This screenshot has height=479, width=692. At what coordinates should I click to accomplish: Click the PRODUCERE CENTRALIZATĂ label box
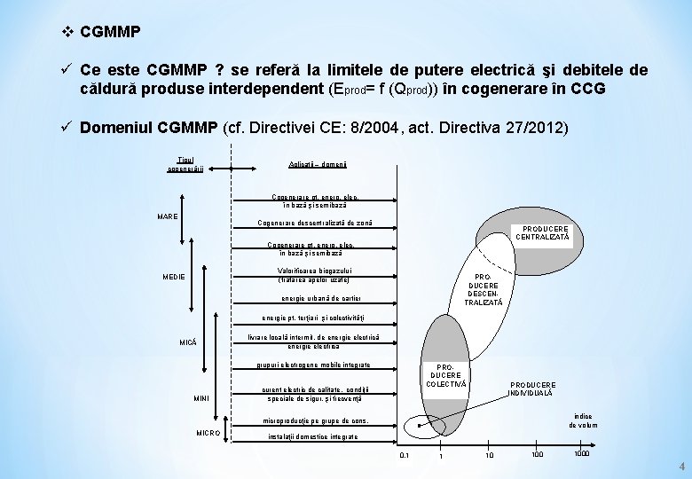[542, 233]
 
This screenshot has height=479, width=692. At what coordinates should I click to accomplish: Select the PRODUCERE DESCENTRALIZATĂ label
[483, 290]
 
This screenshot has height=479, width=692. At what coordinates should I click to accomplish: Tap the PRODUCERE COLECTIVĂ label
[445, 374]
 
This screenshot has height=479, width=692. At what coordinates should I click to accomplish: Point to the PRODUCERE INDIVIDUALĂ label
[531, 389]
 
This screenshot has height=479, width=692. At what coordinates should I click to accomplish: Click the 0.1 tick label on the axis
[405, 455]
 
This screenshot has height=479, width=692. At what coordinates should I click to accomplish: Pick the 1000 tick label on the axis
[582, 454]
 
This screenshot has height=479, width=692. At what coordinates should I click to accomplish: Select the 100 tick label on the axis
[538, 455]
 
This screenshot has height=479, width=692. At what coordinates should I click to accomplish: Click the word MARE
[168, 216]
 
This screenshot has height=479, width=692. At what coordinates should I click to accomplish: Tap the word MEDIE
[174, 277]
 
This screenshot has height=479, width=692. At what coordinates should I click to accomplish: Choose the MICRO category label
[208, 432]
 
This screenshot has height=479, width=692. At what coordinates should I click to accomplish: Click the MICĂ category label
[188, 342]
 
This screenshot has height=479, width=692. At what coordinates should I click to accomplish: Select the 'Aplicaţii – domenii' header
[318, 166]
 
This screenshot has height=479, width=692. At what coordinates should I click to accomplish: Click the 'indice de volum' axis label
[583, 420]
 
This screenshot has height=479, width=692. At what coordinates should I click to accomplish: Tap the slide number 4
[681, 467]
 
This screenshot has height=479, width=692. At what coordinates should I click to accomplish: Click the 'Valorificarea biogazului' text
[315, 271]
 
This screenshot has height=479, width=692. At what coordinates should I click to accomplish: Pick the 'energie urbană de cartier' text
[321, 298]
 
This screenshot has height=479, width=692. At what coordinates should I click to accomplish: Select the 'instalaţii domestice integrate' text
[313, 436]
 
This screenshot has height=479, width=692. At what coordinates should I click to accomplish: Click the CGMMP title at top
[110, 32]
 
